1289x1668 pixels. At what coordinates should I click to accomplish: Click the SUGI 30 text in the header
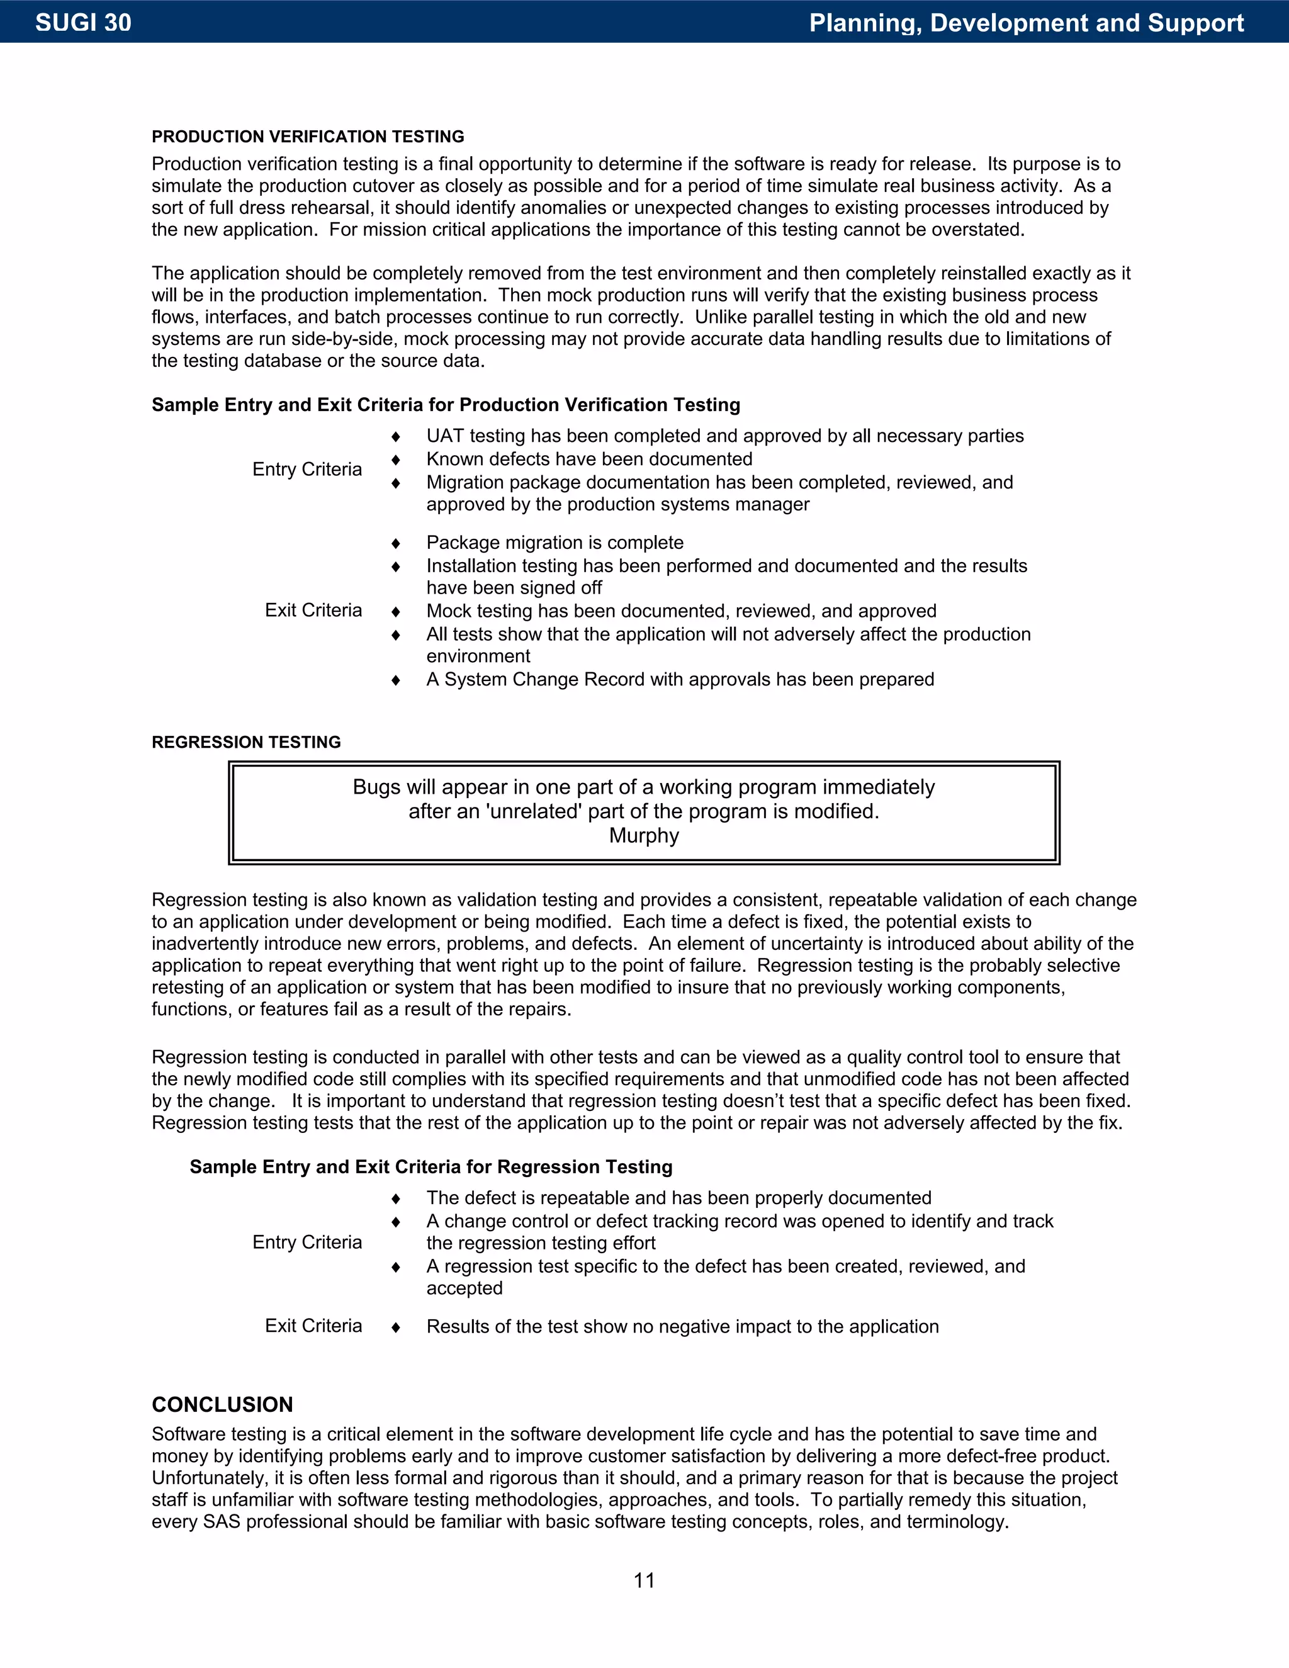(83, 23)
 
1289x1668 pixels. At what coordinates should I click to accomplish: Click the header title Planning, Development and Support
(1027, 23)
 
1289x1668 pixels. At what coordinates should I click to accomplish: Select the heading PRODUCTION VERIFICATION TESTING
(308, 137)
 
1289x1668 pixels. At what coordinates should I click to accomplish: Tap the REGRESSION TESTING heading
(246, 742)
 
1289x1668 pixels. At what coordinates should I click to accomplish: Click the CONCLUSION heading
(222, 1404)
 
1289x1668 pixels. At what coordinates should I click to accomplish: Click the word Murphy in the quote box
(644, 835)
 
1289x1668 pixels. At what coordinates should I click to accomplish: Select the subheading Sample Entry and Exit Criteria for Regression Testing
(431, 1167)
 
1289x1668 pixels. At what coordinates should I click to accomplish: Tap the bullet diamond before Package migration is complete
(395, 544)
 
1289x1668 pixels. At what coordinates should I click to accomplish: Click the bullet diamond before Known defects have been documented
(395, 459)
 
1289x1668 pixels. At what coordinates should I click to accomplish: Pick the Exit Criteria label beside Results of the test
(313, 1326)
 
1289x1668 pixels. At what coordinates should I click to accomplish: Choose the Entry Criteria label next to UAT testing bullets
(307, 469)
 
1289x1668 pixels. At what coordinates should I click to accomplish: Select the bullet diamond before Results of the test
(395, 1327)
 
